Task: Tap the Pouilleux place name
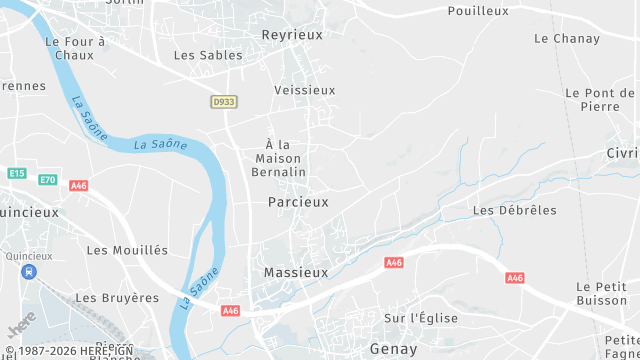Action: pos(478,11)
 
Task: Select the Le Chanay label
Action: pos(567,39)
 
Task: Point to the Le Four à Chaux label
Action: pos(75,48)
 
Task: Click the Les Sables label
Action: pos(208,55)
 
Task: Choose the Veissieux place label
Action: pos(305,90)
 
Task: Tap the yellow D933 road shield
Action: pos(224,101)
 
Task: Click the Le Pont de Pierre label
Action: pos(600,99)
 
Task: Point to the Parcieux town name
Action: pos(298,202)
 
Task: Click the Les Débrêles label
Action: pos(514,210)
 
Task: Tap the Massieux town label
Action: pos(295,272)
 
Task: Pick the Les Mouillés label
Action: pos(128,250)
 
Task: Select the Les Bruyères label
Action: pos(117,297)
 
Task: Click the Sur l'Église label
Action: pos(421,318)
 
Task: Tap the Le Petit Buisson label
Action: pos(601,294)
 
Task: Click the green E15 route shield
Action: pos(17,173)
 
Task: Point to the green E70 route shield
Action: pos(48,179)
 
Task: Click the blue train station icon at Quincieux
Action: pos(32,271)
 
